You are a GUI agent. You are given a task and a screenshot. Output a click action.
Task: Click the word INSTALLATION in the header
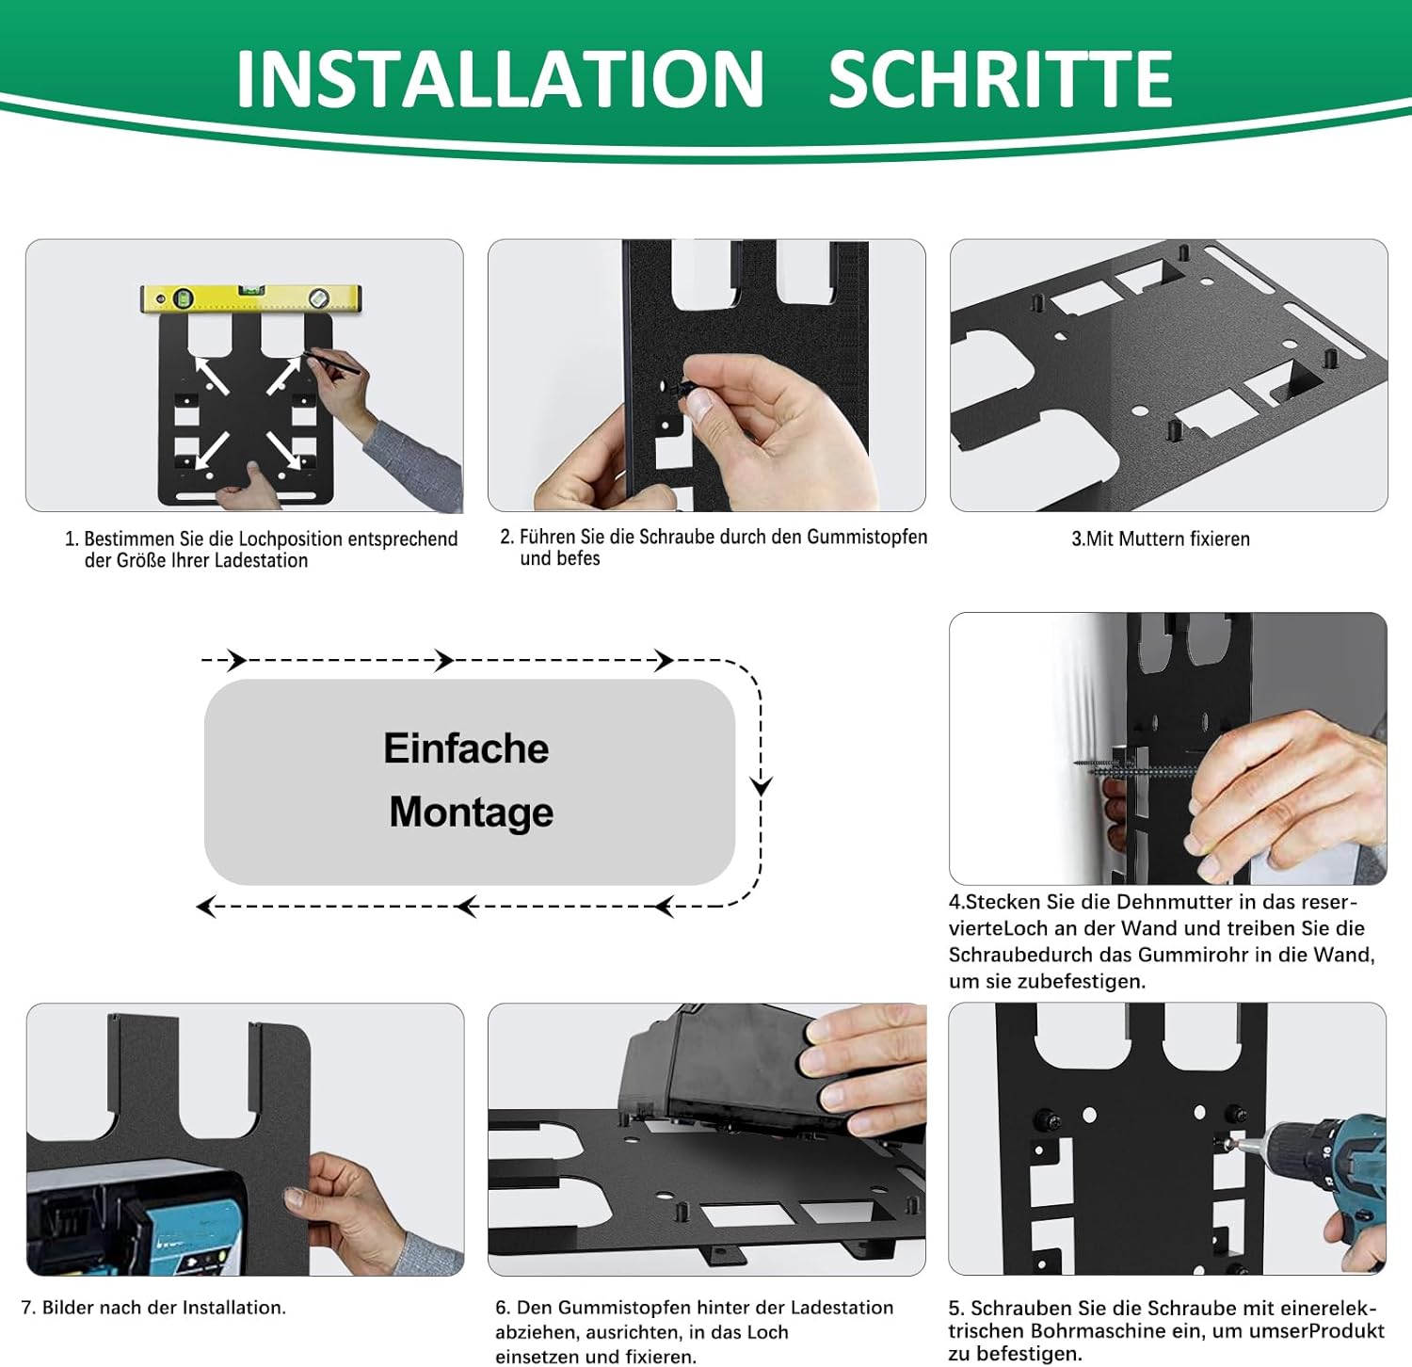coord(500,78)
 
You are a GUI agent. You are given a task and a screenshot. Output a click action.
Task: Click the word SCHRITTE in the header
coord(1001,78)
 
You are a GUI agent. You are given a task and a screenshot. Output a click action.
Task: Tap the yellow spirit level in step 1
coord(251,298)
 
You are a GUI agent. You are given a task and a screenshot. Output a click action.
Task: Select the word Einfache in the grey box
coord(466,748)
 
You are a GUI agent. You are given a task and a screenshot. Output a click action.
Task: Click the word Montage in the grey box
coord(472,812)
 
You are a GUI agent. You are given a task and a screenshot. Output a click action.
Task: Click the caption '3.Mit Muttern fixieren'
coord(1161,539)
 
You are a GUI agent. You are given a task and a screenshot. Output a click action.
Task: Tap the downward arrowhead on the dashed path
coord(761,785)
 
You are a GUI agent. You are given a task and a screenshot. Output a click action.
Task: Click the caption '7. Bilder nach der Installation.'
coord(153,1307)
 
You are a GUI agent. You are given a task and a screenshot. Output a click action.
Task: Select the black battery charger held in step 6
coord(725,1069)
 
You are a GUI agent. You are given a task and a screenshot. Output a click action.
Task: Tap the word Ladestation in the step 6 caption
coord(842,1307)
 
